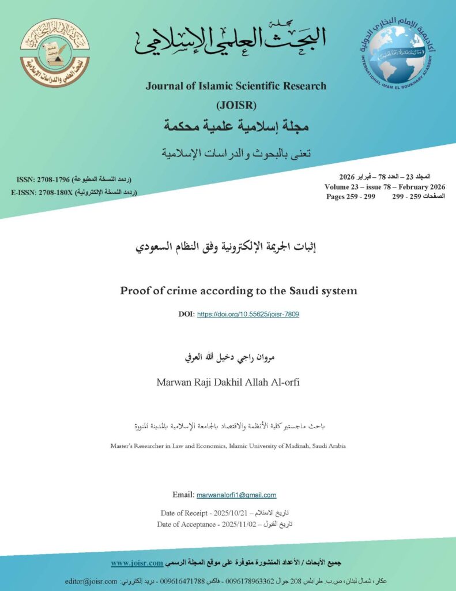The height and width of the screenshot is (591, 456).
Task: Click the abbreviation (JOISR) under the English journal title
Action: [236, 105]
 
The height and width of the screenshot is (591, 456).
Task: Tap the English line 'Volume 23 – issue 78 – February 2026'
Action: [385, 187]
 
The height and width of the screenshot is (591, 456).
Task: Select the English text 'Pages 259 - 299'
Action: [351, 197]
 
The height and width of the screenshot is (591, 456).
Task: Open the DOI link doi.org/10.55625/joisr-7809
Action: [248, 315]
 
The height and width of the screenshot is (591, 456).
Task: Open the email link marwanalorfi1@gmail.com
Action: [236, 495]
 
